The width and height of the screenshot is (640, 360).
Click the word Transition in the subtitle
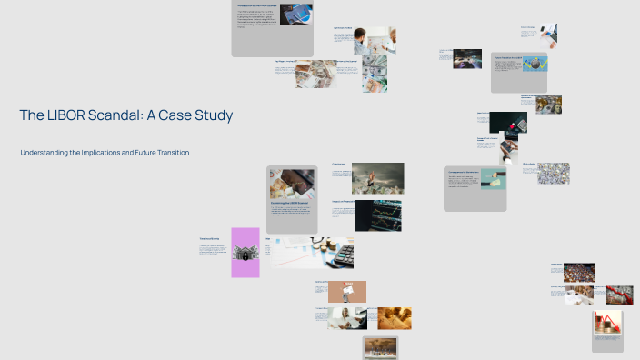click(167, 153)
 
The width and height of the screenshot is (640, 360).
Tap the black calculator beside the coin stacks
click(342, 256)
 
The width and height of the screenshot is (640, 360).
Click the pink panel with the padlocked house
click(245, 252)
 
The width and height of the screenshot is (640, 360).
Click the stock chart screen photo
click(377, 216)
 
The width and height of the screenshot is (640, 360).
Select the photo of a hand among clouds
click(377, 178)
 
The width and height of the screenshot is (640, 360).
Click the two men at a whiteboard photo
click(375, 40)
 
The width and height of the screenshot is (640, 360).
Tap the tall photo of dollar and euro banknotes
click(374, 74)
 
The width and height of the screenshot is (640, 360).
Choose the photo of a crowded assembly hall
click(578, 273)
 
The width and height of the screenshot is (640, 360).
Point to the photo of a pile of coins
click(553, 173)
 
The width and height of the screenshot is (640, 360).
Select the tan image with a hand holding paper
click(346, 291)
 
